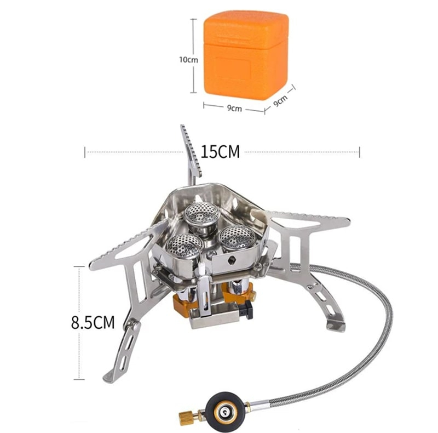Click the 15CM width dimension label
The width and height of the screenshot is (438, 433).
[x=220, y=152]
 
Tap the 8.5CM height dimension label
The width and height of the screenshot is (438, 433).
[x=93, y=322]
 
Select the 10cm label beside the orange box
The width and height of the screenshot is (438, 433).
[x=188, y=60]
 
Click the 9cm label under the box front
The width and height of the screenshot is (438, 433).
[x=234, y=108]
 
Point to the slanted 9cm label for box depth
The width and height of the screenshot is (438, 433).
[x=280, y=100]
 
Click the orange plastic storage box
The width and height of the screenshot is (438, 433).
[x=245, y=55]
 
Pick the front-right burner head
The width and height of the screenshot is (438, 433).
[x=237, y=237]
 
